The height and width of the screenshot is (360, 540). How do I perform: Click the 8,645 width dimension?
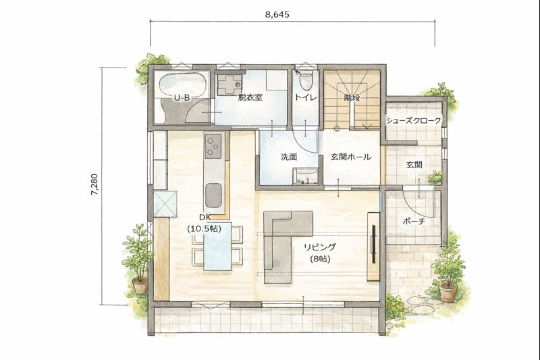coord(277,14)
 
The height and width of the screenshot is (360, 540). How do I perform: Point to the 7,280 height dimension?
coord(94,184)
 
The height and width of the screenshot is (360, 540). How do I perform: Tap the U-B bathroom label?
coord(182,98)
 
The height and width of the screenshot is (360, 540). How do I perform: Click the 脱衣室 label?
coord(250,97)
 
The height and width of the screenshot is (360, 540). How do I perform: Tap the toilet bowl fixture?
coord(305,81)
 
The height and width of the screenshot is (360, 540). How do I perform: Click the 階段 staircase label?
coord(352,98)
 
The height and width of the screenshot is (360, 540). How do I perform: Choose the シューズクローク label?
coord(413,121)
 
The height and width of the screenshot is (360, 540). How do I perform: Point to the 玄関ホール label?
coord(351,157)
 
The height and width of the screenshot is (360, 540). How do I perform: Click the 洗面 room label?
coord(289,157)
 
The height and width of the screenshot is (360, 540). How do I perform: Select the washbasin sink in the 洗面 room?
coord(305,177)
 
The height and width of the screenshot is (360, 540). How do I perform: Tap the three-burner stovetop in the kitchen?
coord(213,146)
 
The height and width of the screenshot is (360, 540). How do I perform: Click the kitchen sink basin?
coord(213,195)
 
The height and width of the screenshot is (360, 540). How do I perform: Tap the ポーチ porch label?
coord(414,222)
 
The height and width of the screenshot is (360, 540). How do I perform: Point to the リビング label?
coord(319,247)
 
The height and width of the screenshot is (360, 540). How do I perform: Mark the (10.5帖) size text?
coord(205,228)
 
